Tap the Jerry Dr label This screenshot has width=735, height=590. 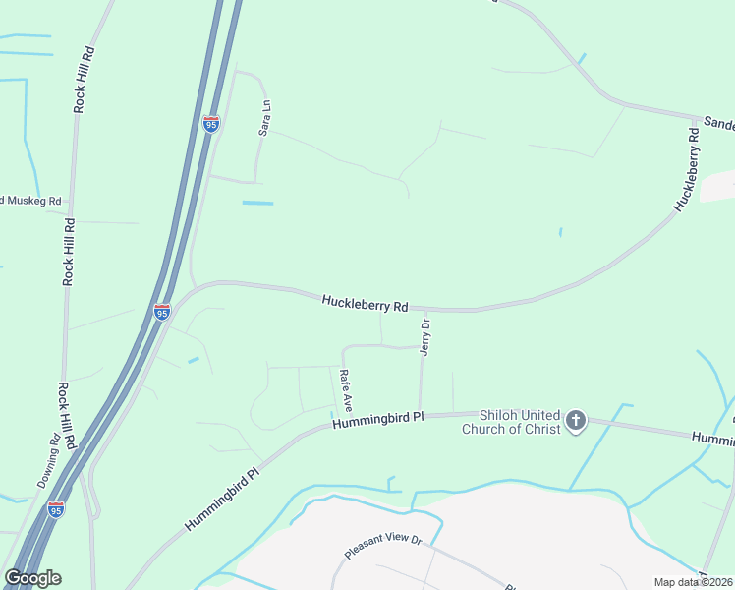coord(425,336)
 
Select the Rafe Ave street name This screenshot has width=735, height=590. coord(345,389)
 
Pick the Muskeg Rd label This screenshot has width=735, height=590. coord(32,201)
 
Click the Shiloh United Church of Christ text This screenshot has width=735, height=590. coord(520,422)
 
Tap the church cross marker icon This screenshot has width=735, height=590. coord(576,422)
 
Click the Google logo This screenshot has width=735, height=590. coord(32,578)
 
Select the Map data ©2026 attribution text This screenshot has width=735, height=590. coord(693,582)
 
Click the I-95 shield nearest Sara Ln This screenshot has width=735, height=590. coord(211,124)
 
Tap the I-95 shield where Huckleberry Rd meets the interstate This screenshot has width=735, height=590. coord(162,312)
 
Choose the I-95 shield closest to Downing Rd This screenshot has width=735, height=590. coord(56,509)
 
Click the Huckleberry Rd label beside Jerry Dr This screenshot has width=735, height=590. coord(364,304)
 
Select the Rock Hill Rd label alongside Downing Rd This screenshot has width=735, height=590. coord(66,416)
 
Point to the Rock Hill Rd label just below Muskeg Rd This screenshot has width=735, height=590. coord(69,252)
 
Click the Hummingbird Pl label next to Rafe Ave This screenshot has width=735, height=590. coord(376,421)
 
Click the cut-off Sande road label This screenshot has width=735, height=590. coord(718,124)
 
